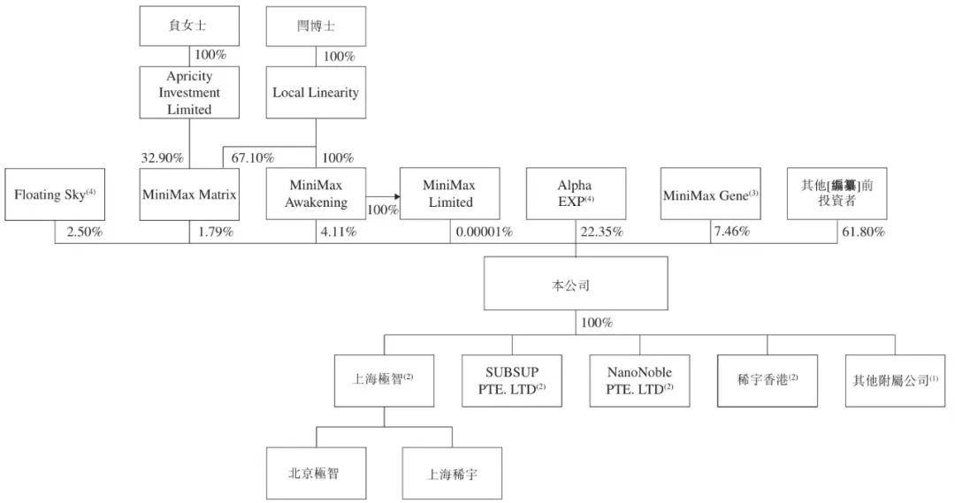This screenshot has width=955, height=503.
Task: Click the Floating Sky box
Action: tap(55, 193)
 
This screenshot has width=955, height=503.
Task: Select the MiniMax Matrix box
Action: tap(189, 193)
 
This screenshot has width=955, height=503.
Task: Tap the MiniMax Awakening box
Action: tap(316, 194)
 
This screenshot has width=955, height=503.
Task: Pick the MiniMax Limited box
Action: tap(448, 194)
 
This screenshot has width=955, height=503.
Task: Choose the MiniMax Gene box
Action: tap(711, 194)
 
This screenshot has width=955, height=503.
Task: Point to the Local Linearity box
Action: tap(316, 93)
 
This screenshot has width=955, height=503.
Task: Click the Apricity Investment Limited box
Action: tap(189, 93)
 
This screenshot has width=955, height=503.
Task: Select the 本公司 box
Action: tap(576, 285)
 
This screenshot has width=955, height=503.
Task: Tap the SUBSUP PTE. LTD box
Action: tap(512, 381)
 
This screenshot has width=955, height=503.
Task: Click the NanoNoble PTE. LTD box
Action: tap(639, 381)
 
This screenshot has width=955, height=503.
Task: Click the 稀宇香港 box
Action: tap(767, 381)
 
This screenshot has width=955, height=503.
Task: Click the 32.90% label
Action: tap(162, 158)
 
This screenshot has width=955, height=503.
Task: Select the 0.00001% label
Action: tap(484, 232)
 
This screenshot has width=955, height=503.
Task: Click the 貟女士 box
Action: tap(189, 27)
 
